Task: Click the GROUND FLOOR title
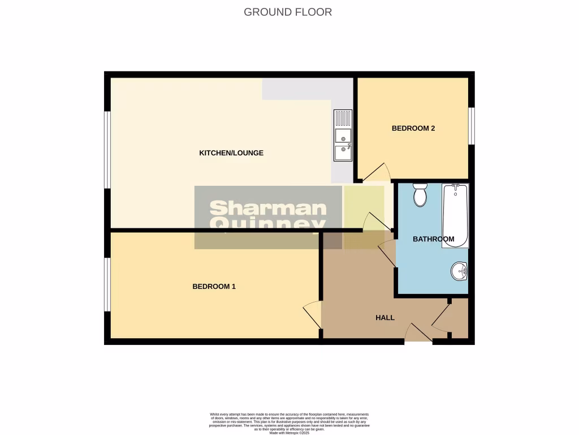(x=288, y=12)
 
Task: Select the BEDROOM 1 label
(x=214, y=287)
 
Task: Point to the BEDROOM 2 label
(x=413, y=129)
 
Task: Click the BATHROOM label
(x=433, y=239)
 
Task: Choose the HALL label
(x=384, y=318)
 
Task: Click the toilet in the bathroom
(x=420, y=194)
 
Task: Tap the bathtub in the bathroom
(x=455, y=216)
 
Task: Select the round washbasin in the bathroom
(x=459, y=271)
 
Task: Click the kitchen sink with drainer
(x=343, y=136)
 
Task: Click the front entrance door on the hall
(x=418, y=335)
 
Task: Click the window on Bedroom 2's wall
(x=472, y=126)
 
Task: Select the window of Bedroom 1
(x=107, y=284)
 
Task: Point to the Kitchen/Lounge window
(x=107, y=149)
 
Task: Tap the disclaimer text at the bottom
(x=289, y=423)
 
